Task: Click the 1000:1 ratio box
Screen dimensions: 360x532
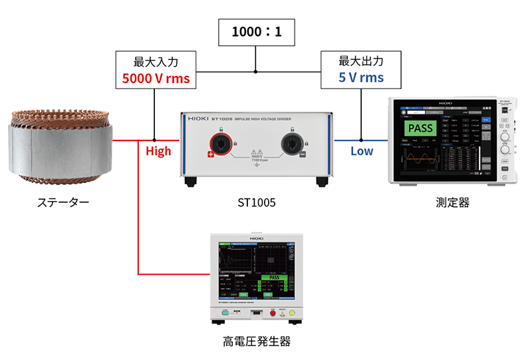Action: pyautogui.click(x=255, y=31)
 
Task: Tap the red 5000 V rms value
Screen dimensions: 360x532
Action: pyautogui.click(x=156, y=79)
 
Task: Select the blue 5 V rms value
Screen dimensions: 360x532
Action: pyautogui.click(x=361, y=78)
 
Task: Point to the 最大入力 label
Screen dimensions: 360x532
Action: pyautogui.click(x=156, y=61)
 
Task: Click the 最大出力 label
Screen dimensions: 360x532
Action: pyautogui.click(x=361, y=61)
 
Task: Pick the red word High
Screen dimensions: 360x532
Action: pyautogui.click(x=158, y=151)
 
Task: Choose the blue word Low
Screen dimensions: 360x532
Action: pyautogui.click(x=362, y=151)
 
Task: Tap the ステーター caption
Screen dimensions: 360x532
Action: pyautogui.click(x=61, y=202)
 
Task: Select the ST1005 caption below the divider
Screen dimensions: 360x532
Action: pyautogui.click(x=256, y=202)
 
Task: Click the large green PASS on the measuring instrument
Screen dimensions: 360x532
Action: pyautogui.click(x=420, y=128)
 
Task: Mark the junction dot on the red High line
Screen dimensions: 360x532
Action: pyautogui.click(x=155, y=140)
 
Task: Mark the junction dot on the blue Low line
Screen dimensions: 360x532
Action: pyautogui.click(x=361, y=140)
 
